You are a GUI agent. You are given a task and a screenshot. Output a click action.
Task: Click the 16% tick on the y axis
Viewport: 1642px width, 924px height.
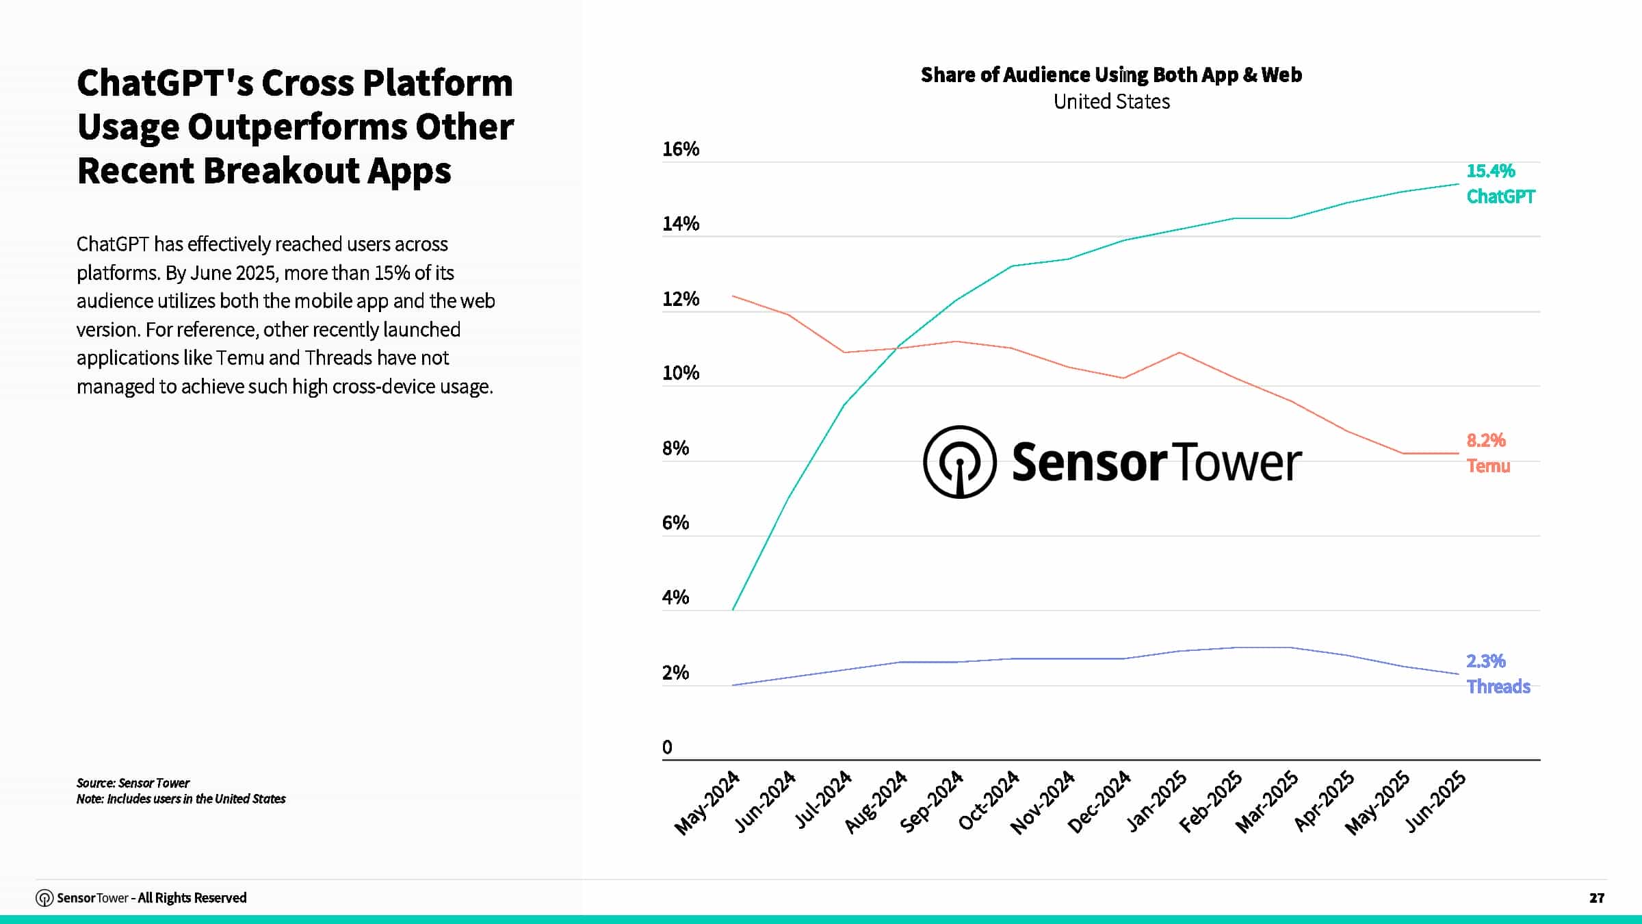point(680,149)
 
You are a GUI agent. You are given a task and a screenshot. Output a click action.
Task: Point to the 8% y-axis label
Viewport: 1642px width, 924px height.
point(675,448)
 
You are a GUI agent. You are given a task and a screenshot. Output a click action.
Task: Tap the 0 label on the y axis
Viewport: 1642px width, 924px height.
point(667,747)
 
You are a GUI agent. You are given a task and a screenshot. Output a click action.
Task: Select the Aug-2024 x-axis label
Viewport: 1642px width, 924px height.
point(875,802)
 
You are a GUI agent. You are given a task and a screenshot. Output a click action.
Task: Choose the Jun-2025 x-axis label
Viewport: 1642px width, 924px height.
point(1435,801)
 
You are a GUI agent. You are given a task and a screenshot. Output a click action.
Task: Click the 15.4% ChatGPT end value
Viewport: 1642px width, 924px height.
point(1491,171)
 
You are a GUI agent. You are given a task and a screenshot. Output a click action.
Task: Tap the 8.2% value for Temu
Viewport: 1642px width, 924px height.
point(1486,440)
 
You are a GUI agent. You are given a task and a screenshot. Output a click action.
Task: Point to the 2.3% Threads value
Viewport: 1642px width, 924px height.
point(1486,661)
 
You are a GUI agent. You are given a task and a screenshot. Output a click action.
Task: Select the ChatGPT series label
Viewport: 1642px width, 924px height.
point(1500,197)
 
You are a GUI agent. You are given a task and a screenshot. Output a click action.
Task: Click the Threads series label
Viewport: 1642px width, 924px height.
point(1498,686)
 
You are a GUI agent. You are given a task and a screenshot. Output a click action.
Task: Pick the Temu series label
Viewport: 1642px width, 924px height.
point(1488,466)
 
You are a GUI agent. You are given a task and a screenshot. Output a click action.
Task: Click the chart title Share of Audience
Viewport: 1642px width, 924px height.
point(1111,75)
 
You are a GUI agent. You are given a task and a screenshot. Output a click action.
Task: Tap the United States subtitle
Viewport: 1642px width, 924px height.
point(1111,101)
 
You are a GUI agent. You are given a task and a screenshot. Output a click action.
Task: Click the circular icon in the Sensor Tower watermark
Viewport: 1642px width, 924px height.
point(959,462)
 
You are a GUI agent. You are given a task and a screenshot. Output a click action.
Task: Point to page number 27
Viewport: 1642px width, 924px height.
point(1596,898)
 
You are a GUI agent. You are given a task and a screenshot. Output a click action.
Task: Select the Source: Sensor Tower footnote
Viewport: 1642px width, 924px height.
point(133,783)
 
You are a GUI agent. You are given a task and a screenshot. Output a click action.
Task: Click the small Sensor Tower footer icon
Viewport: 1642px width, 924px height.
point(44,898)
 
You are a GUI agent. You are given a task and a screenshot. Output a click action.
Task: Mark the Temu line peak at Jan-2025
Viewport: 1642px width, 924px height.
point(1179,352)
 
